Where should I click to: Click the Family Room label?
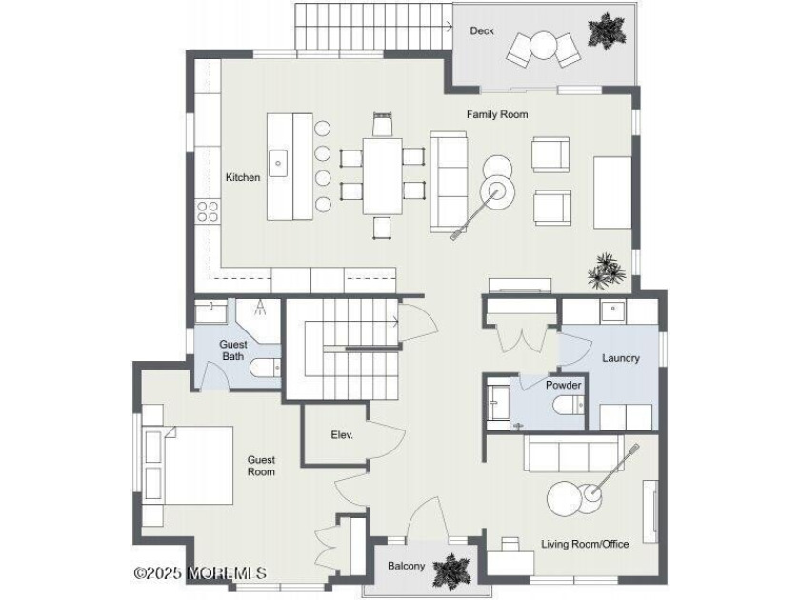[496, 114]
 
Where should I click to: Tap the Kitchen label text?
[242, 177]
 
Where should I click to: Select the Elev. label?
[342, 435]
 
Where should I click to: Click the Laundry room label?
[620, 359]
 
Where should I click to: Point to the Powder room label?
[563, 386]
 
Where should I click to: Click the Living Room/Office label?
[585, 544]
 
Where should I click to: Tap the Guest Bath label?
[233, 350]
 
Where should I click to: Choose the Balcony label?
[406, 567]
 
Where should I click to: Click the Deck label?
[482, 31]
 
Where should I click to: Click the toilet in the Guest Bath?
[264, 367]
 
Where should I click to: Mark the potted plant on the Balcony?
[448, 571]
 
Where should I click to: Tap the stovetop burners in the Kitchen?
[207, 210]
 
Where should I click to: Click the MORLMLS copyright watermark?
[200, 573]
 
